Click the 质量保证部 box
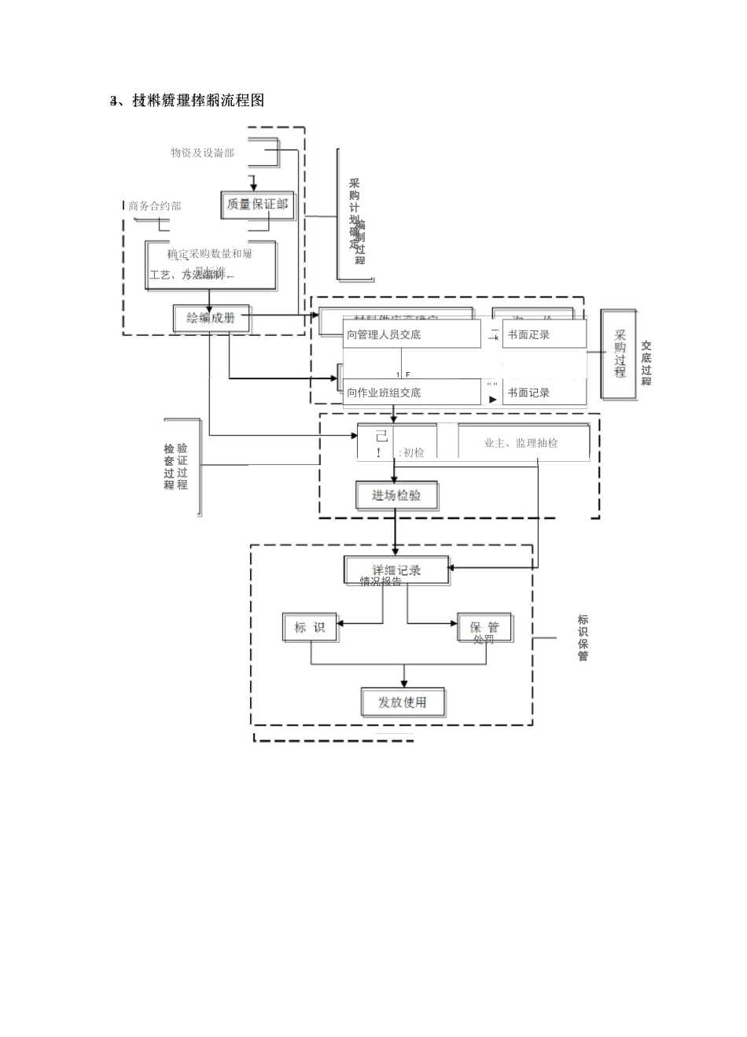point(257,205)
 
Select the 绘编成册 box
point(211,318)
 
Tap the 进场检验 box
point(396,496)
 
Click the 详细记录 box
point(396,570)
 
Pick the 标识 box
point(310,627)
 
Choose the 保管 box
point(484,627)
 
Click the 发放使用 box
point(403,702)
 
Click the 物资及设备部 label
point(202,153)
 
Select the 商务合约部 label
point(155,206)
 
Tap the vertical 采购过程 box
point(620,354)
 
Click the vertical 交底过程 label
point(646,363)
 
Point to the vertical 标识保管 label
point(583,638)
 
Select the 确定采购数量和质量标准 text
point(210,254)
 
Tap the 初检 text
point(413,452)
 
